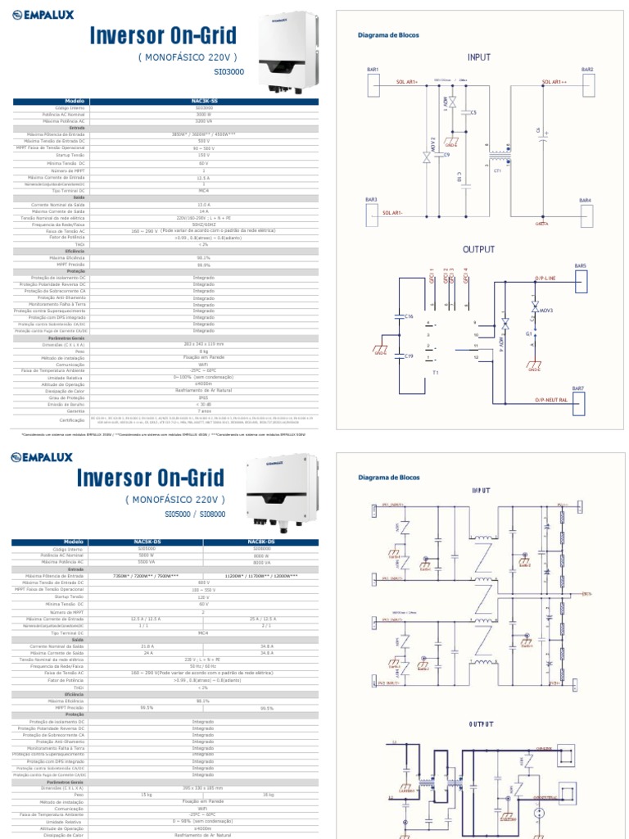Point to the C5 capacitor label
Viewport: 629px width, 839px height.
point(473,111)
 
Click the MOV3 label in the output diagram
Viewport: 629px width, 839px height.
point(546,311)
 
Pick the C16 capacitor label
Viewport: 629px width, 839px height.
point(410,315)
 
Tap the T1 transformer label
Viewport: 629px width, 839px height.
point(436,372)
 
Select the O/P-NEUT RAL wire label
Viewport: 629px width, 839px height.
point(557,399)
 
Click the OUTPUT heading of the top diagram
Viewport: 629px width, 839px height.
point(479,249)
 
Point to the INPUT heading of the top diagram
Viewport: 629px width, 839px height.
point(479,57)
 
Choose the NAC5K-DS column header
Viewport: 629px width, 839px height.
point(147,542)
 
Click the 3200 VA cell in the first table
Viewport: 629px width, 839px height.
point(204,120)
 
